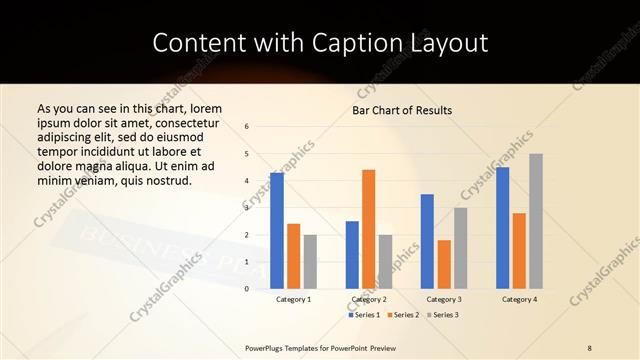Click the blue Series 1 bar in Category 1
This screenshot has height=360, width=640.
[x=277, y=231]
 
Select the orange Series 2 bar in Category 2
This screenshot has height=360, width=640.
[x=369, y=229]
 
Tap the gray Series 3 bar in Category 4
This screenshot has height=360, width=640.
[x=536, y=221]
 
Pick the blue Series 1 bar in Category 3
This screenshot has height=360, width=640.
[x=427, y=241]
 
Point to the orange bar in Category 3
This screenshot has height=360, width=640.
[x=444, y=264]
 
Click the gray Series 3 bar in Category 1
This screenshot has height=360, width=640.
[x=310, y=262]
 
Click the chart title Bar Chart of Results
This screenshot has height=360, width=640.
[x=402, y=110]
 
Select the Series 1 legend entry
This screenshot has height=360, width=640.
[x=363, y=315]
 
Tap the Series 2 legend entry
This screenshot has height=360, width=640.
[x=402, y=315]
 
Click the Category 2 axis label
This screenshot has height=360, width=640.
[x=369, y=299]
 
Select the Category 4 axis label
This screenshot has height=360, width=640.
[x=519, y=299]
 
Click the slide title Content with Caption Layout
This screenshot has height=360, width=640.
[x=320, y=42]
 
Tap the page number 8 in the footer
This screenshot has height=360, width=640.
[x=589, y=347]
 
